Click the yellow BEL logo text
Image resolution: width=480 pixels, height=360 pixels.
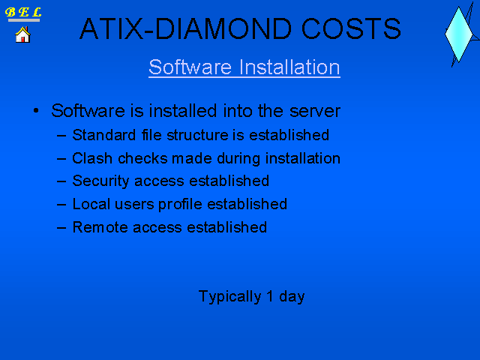23,12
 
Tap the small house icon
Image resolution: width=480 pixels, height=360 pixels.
22,34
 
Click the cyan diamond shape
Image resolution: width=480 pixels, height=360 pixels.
458,34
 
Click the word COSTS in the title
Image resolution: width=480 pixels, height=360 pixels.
351,28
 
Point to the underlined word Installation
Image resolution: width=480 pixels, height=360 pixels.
289,67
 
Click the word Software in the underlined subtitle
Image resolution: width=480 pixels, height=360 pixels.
190,67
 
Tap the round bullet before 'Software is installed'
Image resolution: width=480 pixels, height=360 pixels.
36,110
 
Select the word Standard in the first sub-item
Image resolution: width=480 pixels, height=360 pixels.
104,135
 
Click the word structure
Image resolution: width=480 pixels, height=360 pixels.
197,135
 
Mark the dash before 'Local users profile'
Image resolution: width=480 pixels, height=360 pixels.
61,204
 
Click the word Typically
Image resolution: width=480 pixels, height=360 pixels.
230,297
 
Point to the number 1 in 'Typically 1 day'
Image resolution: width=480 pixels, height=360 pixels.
270,296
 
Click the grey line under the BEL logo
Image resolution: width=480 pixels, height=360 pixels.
24,20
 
